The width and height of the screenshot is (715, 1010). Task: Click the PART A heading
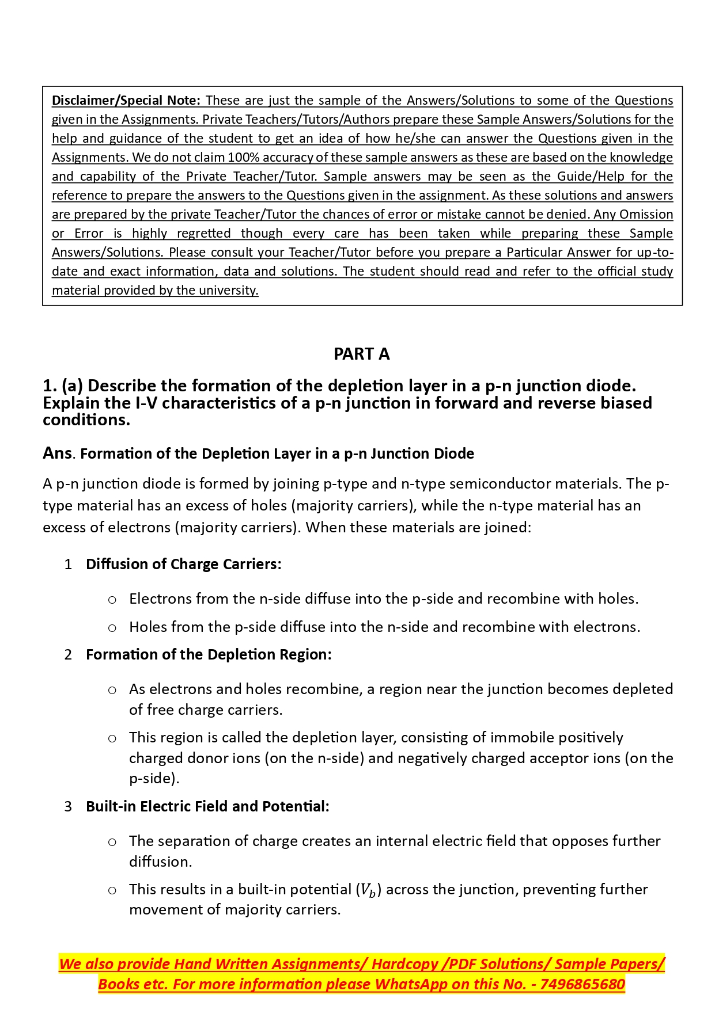tap(361, 354)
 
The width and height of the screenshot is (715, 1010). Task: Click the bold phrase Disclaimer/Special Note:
tap(126, 100)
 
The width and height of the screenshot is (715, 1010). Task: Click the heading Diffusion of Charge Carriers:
tap(183, 564)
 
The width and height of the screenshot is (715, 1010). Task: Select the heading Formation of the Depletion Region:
tap(209, 654)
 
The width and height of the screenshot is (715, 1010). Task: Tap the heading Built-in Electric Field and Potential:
tap(207, 806)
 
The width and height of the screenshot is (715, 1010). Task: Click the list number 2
tap(68, 655)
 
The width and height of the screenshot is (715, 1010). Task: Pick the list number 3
tap(68, 807)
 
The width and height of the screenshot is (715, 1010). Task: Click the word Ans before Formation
tap(57, 453)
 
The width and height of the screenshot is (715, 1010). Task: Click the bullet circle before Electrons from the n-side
tap(112, 600)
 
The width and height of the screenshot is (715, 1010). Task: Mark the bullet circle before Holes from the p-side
tap(112, 628)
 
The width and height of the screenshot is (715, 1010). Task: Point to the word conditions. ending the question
tap(86, 420)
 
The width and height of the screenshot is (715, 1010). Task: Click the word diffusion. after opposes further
tap(160, 862)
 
